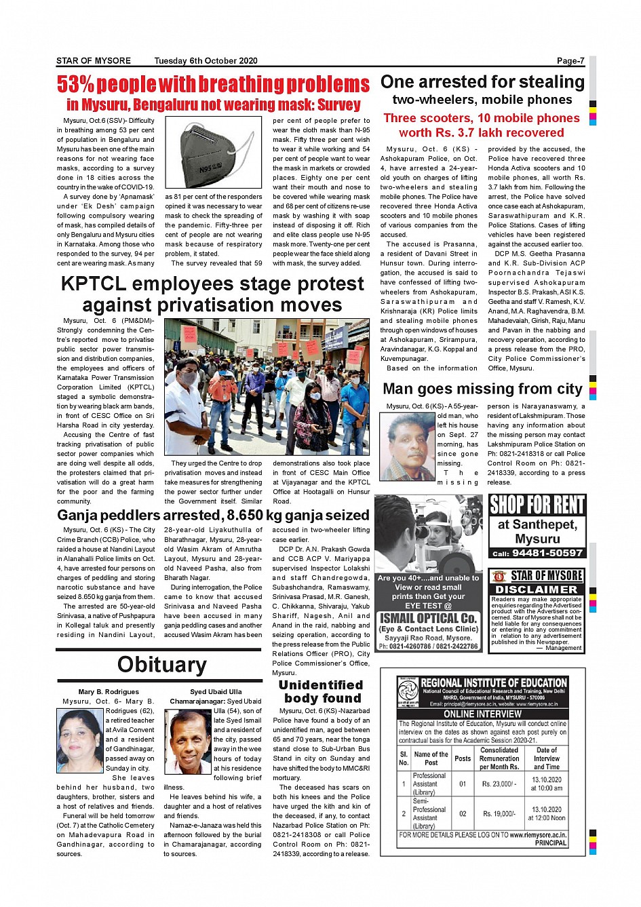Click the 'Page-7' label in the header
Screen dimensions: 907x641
point(570,61)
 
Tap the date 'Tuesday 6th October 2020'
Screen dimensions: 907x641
point(206,61)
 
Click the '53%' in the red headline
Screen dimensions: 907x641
point(75,85)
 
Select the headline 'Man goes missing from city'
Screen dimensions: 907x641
point(482,389)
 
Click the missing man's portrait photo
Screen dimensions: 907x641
point(407,447)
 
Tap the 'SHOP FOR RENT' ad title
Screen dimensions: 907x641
point(537,505)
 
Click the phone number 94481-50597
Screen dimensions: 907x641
point(547,553)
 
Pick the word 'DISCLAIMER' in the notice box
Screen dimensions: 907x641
point(537,590)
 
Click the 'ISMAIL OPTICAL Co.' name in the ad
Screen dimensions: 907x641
point(428,618)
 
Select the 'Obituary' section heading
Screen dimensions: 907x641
point(161,664)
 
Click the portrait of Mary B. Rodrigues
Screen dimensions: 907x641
point(80,741)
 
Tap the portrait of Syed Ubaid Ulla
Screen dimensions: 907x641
point(188,742)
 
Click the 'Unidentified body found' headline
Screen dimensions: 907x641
point(321,691)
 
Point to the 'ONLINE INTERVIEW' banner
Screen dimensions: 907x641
point(482,714)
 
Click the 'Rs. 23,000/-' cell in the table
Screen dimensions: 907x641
point(499,784)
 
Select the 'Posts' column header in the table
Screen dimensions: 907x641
point(463,758)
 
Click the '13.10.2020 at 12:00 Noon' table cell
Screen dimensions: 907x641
point(546,813)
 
